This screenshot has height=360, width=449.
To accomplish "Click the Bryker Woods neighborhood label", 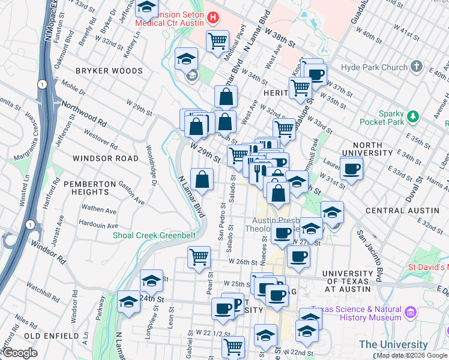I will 109,71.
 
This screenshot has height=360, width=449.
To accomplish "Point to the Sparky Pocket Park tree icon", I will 412,115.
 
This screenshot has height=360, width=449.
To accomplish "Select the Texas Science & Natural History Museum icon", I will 411,313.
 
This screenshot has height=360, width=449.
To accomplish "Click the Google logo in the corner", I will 20,353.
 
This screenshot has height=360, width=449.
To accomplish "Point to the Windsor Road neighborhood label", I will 105,158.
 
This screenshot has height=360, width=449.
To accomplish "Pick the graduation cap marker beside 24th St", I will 152,280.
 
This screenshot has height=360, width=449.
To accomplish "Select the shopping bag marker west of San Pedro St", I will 202,179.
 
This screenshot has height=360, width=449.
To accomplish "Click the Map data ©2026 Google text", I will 411,355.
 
